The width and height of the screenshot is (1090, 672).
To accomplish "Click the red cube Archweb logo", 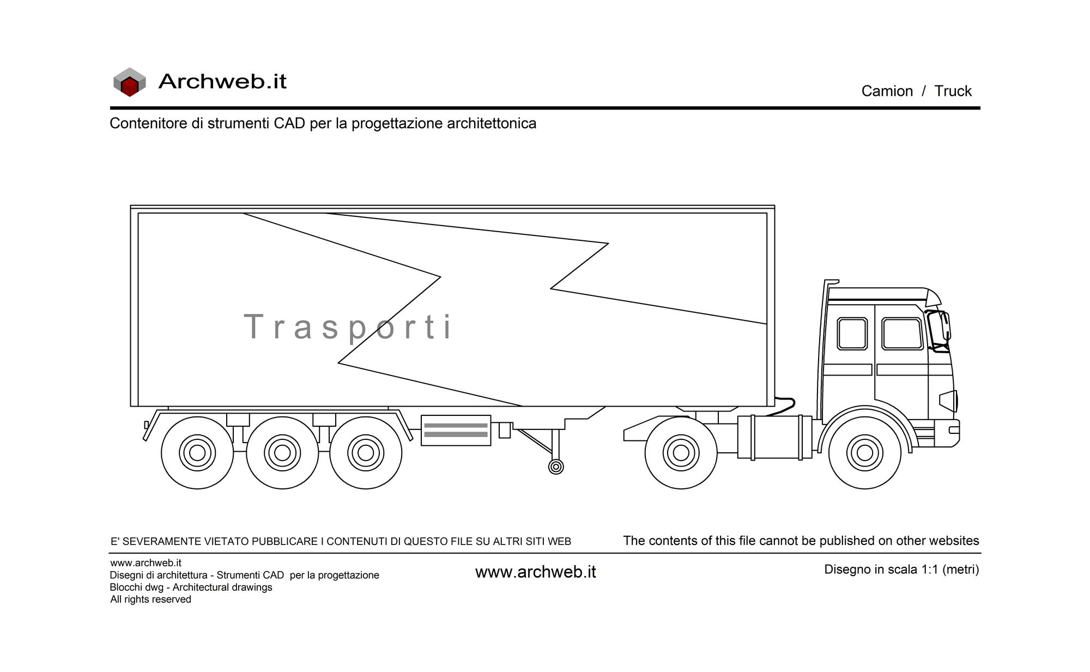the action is point(130,82).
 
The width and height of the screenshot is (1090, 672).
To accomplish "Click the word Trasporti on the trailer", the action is point(348,327).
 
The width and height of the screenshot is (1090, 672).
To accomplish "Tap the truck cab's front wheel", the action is point(864,452).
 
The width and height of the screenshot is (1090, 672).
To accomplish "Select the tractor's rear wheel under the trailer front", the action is point(681,452).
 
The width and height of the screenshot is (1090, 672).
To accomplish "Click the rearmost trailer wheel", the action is point(197,452).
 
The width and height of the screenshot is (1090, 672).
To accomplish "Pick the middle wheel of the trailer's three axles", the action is point(282,452).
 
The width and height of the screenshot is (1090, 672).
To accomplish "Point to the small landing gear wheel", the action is point(556,467).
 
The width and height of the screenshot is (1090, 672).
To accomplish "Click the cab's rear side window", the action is point(852,334).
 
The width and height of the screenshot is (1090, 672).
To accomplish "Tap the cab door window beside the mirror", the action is point(902,334).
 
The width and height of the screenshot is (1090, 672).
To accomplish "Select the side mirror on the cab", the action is point(938,331).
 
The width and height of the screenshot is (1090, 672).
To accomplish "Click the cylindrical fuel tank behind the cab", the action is point(774,437).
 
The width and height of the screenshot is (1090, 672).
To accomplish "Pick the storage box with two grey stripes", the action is point(456,430).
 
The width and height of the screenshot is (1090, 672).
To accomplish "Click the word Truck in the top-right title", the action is point(953,91).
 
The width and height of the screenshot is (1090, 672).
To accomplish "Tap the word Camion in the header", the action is point(887,91).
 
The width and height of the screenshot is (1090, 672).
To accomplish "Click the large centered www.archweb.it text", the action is point(536,572).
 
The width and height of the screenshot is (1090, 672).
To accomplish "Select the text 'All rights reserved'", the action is point(150,600).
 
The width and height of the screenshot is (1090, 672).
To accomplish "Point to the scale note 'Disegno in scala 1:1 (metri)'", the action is point(901,570).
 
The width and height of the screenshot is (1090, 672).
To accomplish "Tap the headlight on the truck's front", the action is point(948,401).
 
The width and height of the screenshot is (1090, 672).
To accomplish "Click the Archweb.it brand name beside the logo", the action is point(222,81).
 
